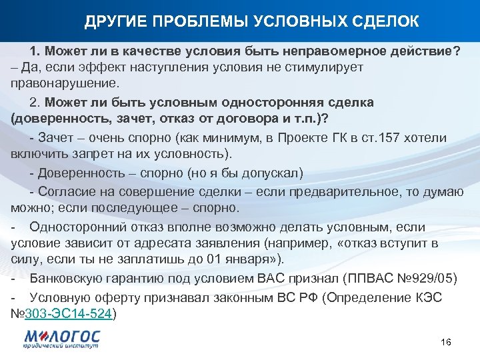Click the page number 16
point(446,342)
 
